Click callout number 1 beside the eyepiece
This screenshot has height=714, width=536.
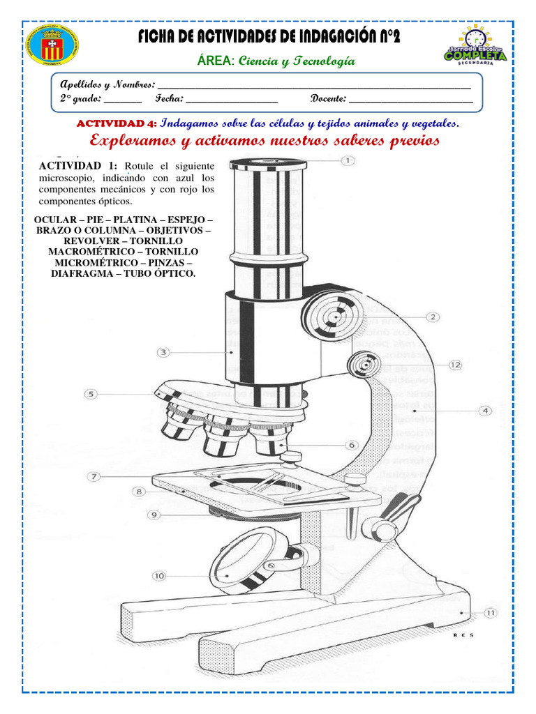click(347, 160)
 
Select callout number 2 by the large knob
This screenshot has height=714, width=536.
click(433, 317)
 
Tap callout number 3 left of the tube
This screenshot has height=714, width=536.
click(163, 352)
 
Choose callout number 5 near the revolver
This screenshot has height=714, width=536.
click(91, 394)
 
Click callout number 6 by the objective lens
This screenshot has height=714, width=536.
click(352, 445)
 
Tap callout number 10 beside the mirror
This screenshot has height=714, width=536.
click(159, 576)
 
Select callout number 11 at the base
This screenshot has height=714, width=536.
click(490, 613)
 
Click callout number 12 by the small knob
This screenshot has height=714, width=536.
click(455, 365)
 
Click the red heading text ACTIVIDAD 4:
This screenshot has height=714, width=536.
click(116, 123)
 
